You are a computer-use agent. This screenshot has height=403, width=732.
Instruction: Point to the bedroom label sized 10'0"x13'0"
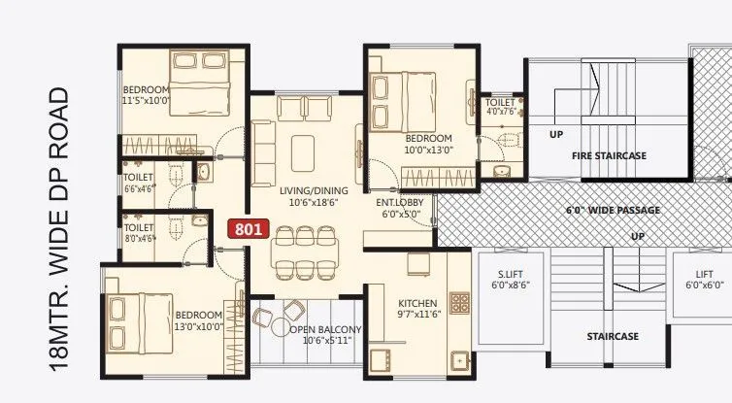(x=429, y=144)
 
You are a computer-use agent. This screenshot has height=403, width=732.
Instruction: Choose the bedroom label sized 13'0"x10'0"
(x=199, y=321)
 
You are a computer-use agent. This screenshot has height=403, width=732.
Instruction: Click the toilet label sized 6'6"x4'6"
(x=139, y=184)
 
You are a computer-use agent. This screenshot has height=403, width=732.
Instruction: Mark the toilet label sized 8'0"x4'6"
(x=139, y=233)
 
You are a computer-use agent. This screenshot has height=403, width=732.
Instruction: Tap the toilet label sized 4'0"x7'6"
(x=500, y=106)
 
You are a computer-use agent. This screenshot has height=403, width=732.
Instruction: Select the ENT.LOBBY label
(x=398, y=209)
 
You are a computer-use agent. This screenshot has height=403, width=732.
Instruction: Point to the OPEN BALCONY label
(x=324, y=335)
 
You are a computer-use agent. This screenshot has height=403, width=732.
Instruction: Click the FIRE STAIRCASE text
(x=609, y=155)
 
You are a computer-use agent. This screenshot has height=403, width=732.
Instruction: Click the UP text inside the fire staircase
(x=556, y=134)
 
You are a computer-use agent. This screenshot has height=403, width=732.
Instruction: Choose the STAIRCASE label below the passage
(x=612, y=336)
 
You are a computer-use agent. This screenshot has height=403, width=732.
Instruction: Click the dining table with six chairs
(x=302, y=252)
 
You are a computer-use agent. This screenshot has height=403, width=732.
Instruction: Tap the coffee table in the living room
(x=303, y=151)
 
